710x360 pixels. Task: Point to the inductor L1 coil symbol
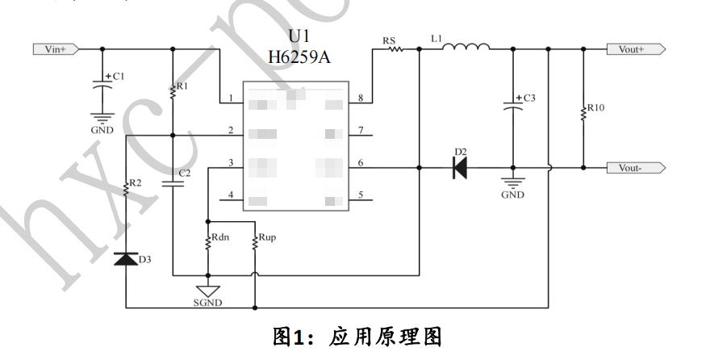click(x=466, y=48)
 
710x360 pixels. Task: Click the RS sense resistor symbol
click(x=395, y=49)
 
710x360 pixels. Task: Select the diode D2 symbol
click(x=460, y=168)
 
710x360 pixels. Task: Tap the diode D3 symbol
click(x=126, y=258)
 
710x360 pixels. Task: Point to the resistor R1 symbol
click(x=173, y=91)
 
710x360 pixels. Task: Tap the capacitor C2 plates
click(x=173, y=183)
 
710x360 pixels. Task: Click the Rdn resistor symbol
click(x=208, y=241)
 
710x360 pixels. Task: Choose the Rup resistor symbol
click(x=255, y=241)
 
